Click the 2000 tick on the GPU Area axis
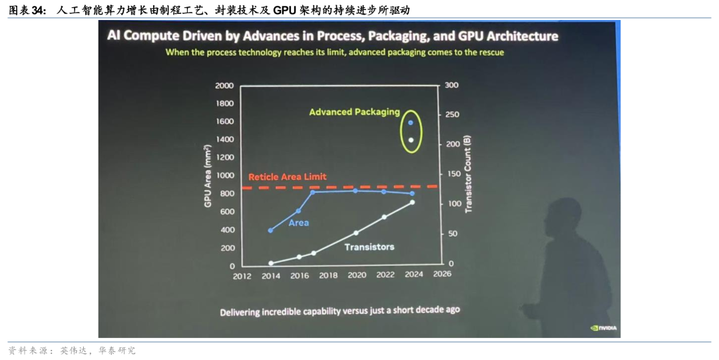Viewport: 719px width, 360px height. [x=224, y=86]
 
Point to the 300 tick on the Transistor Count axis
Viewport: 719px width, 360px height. [x=452, y=86]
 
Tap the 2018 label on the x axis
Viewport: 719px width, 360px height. [x=328, y=275]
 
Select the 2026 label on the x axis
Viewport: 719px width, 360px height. [x=441, y=274]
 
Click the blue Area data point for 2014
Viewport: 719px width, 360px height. [x=270, y=230]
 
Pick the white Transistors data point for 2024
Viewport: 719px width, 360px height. [x=412, y=202]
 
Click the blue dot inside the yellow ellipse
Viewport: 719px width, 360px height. [x=411, y=122]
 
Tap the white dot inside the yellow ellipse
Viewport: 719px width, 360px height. [x=411, y=140]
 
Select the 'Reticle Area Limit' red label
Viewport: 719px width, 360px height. [x=287, y=177]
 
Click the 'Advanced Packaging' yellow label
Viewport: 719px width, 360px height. [x=354, y=112]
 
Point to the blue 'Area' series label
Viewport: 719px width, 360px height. [x=298, y=223]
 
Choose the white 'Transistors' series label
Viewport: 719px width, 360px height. [x=369, y=247]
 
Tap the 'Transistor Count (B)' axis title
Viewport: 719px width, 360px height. [x=468, y=174]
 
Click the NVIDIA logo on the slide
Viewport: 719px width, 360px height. [x=604, y=327]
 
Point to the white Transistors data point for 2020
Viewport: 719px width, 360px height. [x=356, y=233]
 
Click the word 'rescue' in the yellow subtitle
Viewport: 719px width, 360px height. [x=489, y=52]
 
